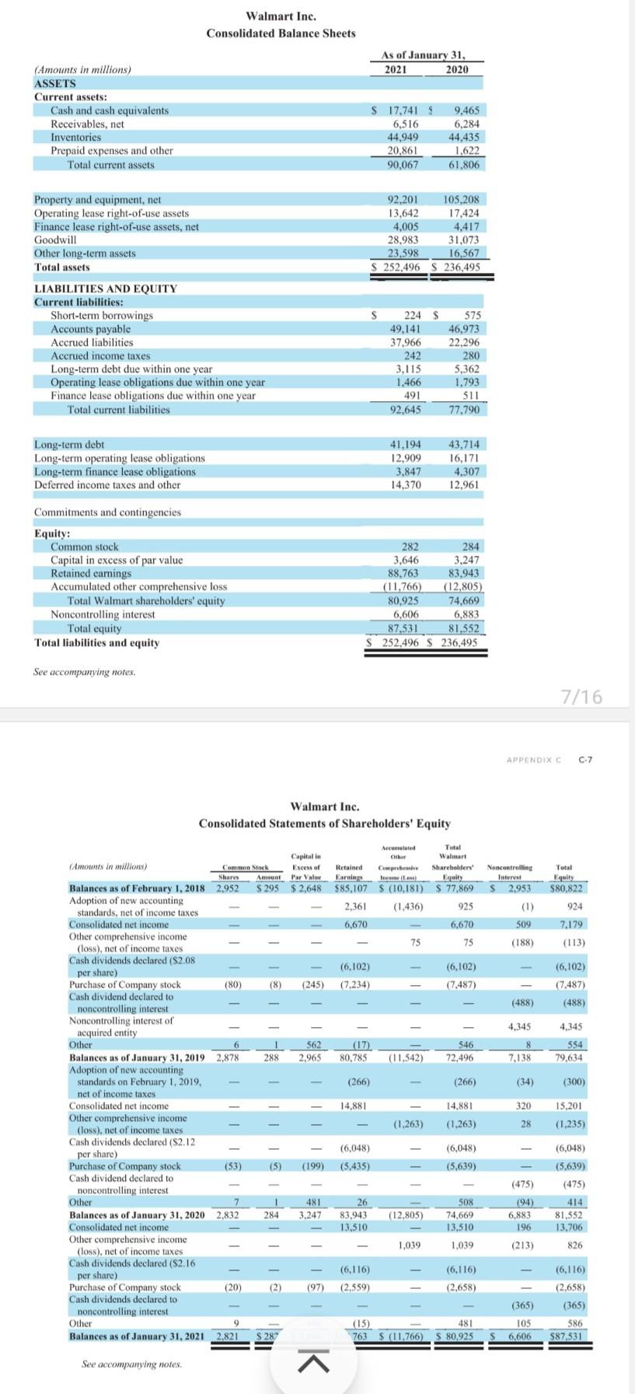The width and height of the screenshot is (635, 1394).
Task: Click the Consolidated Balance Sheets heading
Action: coord(281,33)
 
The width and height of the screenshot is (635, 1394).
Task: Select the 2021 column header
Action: coord(396,69)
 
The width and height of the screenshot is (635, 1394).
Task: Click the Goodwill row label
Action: coord(55,240)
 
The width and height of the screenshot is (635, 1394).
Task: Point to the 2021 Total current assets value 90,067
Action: coord(403,165)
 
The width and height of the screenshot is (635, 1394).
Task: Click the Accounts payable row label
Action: coord(90,329)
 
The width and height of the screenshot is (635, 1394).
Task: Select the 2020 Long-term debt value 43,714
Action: coord(464,445)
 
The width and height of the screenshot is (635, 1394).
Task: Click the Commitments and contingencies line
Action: coord(107,512)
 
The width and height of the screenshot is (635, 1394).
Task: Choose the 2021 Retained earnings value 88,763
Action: coord(403,574)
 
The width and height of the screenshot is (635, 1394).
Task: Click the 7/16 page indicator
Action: coord(581,697)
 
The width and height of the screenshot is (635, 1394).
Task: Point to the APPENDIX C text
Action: coord(533,760)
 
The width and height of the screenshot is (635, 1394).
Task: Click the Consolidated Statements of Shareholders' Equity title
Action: coord(324,823)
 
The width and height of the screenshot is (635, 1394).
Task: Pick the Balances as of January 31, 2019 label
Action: coord(137,1057)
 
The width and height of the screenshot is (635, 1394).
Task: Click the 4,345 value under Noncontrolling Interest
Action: coord(518,1027)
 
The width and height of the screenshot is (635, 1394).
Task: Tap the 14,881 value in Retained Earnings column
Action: coord(354,1106)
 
